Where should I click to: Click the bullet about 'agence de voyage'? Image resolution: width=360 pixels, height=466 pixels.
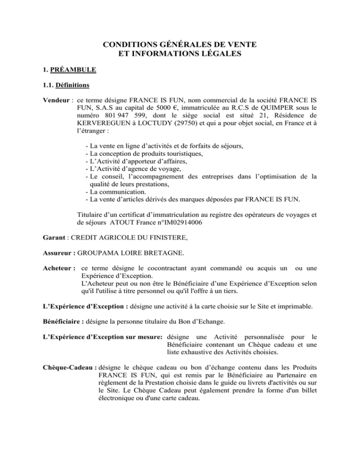coord(135,179)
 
